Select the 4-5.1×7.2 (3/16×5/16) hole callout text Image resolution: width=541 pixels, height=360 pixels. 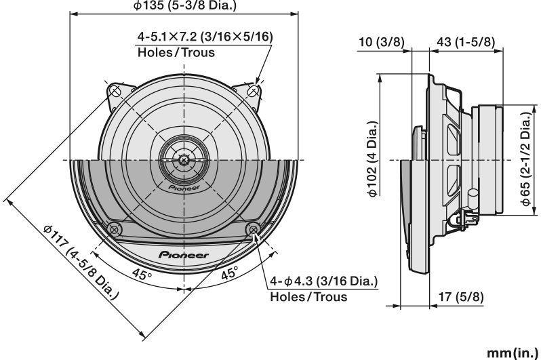pos(205,37)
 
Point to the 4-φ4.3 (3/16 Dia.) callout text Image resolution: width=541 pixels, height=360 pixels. pos(324,282)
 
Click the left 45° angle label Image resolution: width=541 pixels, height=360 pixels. pos(142,275)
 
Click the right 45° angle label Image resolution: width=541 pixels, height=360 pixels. pos(229,275)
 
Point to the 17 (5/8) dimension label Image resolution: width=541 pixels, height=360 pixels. pos(461,296)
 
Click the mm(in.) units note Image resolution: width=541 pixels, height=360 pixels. pos(512,353)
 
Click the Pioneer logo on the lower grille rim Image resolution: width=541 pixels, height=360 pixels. pos(184,254)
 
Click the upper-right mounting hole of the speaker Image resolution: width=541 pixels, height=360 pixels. pos(254,89)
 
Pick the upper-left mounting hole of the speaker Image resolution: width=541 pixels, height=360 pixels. pos(115,89)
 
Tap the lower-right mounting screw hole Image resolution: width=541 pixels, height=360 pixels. pos(254,228)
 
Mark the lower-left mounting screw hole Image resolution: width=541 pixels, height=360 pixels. pos(115,228)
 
